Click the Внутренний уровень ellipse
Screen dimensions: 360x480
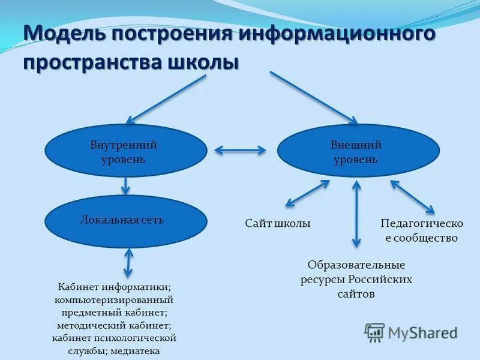124,151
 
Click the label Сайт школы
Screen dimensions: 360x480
278,223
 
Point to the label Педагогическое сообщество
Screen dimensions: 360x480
422,230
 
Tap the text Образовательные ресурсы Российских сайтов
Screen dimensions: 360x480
356,279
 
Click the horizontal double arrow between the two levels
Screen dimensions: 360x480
240,150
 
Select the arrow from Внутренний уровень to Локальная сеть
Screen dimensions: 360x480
125,185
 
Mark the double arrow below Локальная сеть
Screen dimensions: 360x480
128,263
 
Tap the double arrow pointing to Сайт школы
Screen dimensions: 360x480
307,194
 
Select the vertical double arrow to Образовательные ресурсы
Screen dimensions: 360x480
356,214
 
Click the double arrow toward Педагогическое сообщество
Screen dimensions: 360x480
412,196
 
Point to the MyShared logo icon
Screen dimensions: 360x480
375,332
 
